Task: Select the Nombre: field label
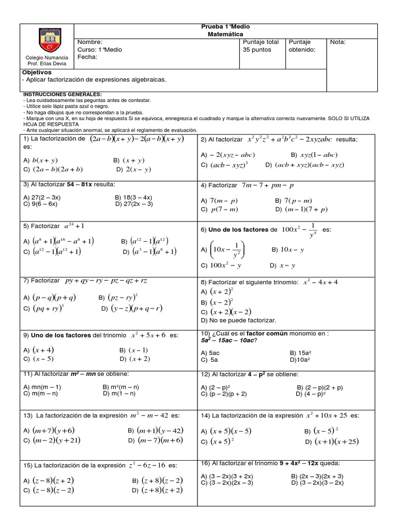pyautogui.click(x=90, y=42)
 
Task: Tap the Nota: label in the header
pyautogui.click(x=338, y=42)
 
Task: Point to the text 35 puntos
pyautogui.click(x=256, y=50)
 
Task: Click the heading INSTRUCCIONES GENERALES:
pyautogui.click(x=62, y=94)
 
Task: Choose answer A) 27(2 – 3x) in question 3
pyautogui.click(x=42, y=197)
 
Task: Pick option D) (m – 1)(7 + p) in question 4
pyautogui.click(x=306, y=210)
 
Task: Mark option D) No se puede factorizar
pyautogui.click(x=238, y=320)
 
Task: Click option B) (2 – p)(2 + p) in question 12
pyautogui.click(x=319, y=387)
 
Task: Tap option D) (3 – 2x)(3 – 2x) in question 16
pyautogui.click(x=317, y=482)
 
